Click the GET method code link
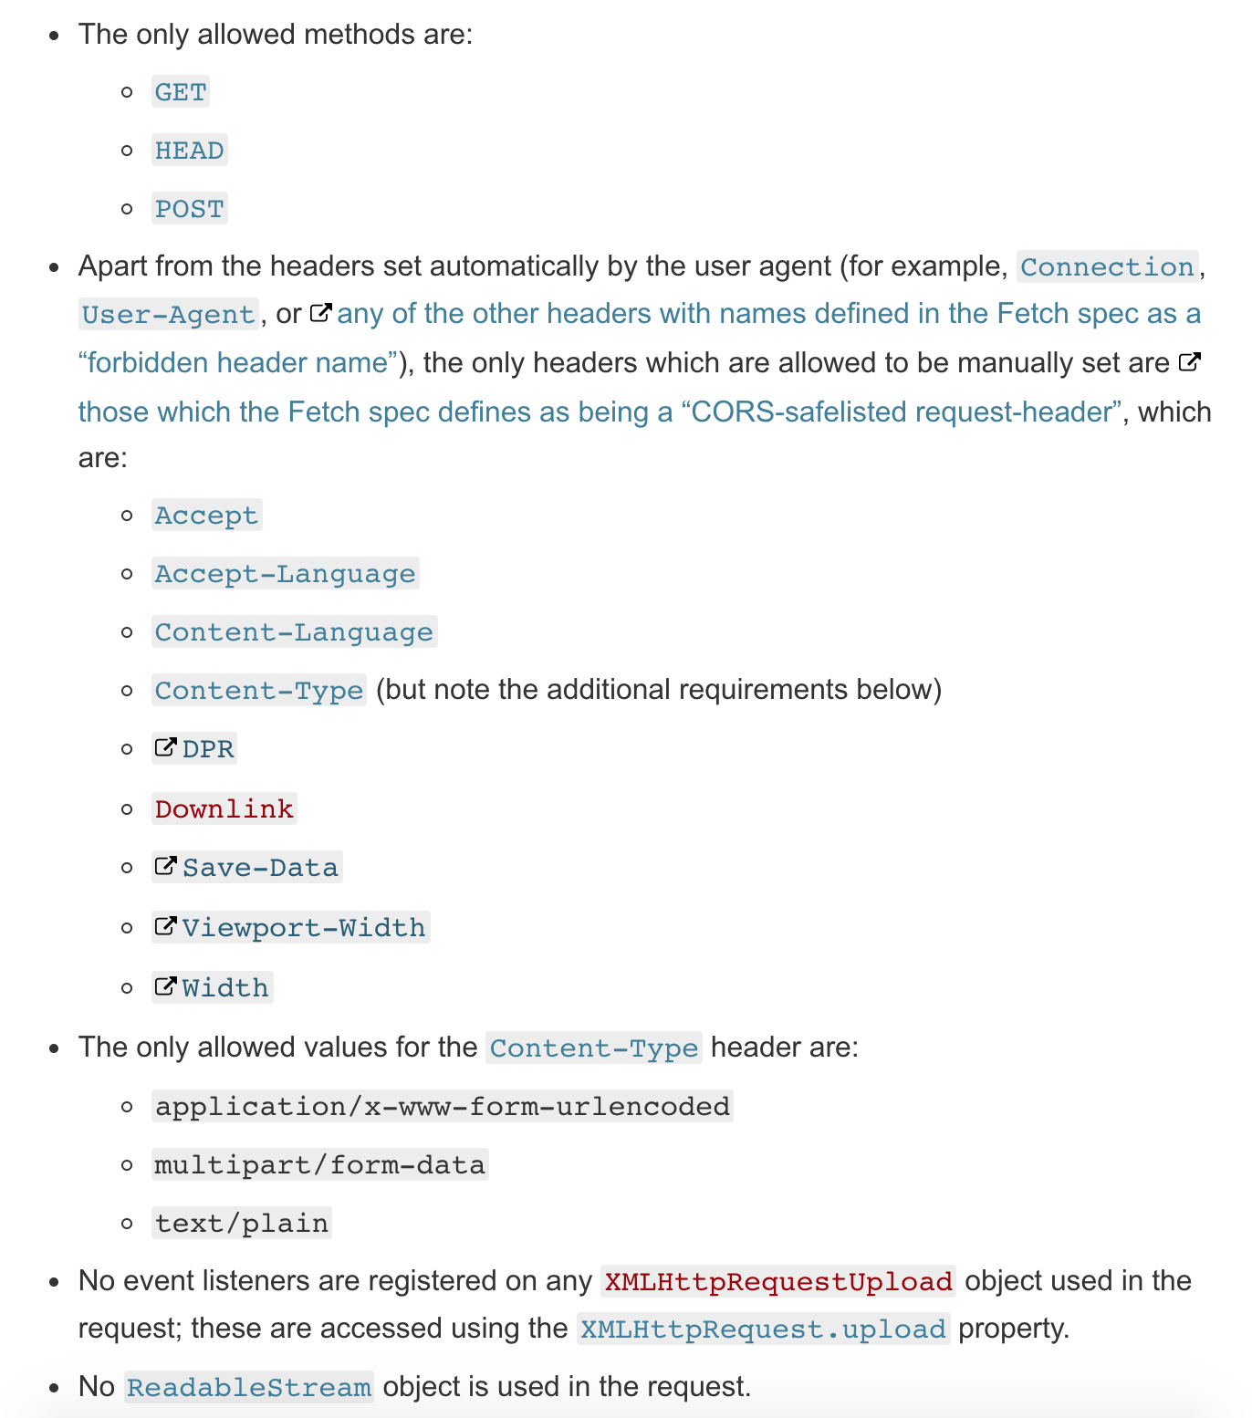pos(181,92)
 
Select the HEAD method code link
pos(189,151)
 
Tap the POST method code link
pos(189,209)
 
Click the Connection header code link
pos(1107,267)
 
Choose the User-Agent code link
pos(168,315)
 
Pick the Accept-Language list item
pos(285,574)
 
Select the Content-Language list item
pos(294,632)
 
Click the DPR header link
pos(208,749)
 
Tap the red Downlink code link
pos(224,809)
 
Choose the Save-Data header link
pos(260,868)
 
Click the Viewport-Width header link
pos(303,928)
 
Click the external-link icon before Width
pos(165,986)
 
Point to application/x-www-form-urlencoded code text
pos(443,1107)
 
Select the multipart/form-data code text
pos(319,1165)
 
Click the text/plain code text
pos(242,1224)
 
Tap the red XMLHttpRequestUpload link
pos(778,1282)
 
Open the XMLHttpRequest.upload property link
pos(763,1329)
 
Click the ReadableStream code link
pos(249,1388)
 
